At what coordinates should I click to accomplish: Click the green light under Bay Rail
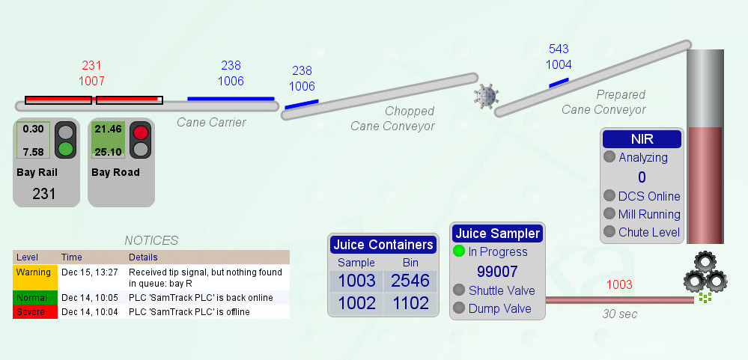pyautogui.click(x=66, y=149)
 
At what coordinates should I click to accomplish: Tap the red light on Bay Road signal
pyautogui.click(x=140, y=132)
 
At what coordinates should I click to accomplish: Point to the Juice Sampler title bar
pyautogui.click(x=498, y=234)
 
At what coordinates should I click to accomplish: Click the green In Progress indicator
pyautogui.click(x=459, y=251)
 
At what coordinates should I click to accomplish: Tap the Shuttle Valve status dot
pyautogui.click(x=459, y=290)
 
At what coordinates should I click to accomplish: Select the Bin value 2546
pyautogui.click(x=410, y=281)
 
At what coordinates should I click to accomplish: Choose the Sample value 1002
pyautogui.click(x=357, y=303)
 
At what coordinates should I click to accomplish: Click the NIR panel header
pyautogui.click(x=642, y=138)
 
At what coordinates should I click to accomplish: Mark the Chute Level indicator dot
pyautogui.click(x=609, y=232)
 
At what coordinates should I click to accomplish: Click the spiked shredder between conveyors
pyautogui.click(x=486, y=97)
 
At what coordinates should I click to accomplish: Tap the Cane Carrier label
pyautogui.click(x=211, y=123)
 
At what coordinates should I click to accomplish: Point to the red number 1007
pyautogui.click(x=91, y=81)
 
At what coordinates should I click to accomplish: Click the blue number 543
pyautogui.click(x=559, y=49)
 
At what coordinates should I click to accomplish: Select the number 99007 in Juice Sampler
pyautogui.click(x=498, y=272)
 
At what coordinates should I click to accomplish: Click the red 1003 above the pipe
pyautogui.click(x=619, y=285)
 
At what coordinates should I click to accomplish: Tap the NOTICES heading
pyautogui.click(x=151, y=240)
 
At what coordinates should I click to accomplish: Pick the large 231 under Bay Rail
pyautogui.click(x=44, y=194)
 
